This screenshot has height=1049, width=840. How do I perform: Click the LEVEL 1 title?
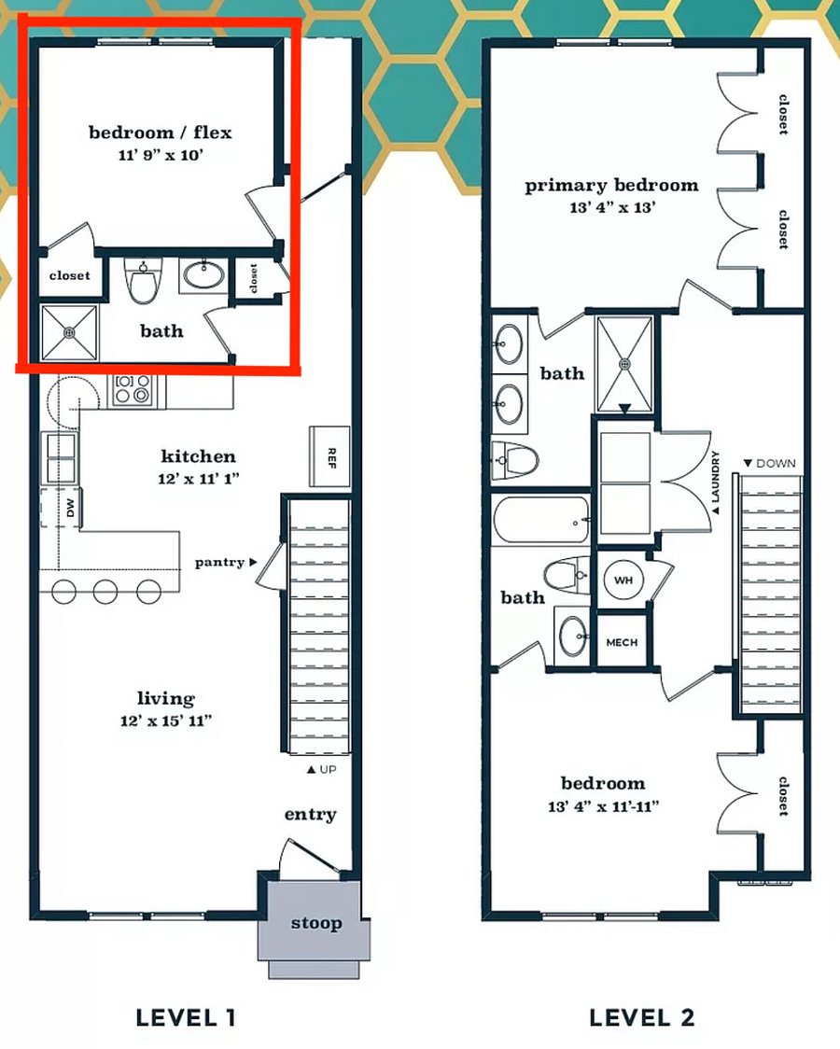click(x=185, y=1017)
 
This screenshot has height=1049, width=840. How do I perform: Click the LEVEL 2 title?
click(x=642, y=1017)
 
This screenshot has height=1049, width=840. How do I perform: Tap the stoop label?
click(x=316, y=923)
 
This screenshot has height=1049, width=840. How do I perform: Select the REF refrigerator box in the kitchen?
click(x=329, y=456)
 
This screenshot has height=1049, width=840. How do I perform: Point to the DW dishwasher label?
click(x=71, y=507)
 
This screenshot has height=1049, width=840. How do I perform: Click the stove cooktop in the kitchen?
click(x=132, y=389)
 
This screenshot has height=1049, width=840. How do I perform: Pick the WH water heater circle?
click(x=623, y=580)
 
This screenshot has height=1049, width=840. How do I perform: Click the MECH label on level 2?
click(x=622, y=642)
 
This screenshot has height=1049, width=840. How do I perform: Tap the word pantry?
click(x=219, y=562)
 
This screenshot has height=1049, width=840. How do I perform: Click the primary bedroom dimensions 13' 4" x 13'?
click(x=612, y=207)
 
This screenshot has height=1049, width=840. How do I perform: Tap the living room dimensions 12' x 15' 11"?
click(x=166, y=720)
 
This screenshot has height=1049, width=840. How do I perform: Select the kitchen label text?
click(x=199, y=456)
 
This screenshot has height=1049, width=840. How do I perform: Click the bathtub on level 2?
click(x=541, y=519)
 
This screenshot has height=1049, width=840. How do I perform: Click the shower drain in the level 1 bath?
click(x=69, y=332)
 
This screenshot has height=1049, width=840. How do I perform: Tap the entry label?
click(x=310, y=814)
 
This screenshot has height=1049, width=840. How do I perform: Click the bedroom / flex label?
click(x=161, y=132)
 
